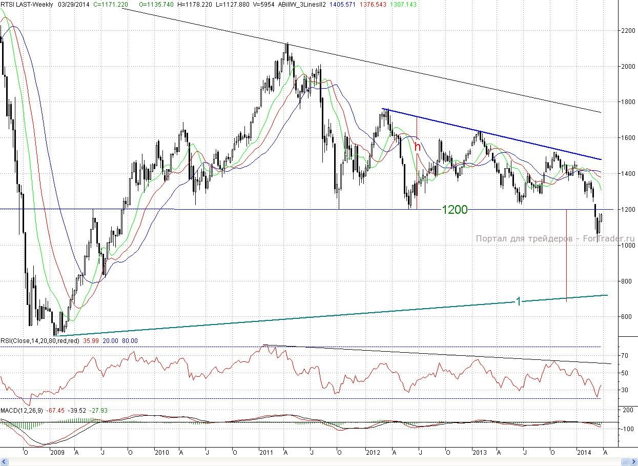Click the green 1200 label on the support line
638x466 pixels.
tap(455, 209)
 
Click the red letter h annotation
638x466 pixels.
tap(418, 146)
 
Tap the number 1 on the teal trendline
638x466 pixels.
tap(518, 301)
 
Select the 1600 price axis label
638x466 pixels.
tap(624, 138)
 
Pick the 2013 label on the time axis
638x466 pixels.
tap(479, 453)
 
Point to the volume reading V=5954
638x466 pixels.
tap(264, 4)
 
